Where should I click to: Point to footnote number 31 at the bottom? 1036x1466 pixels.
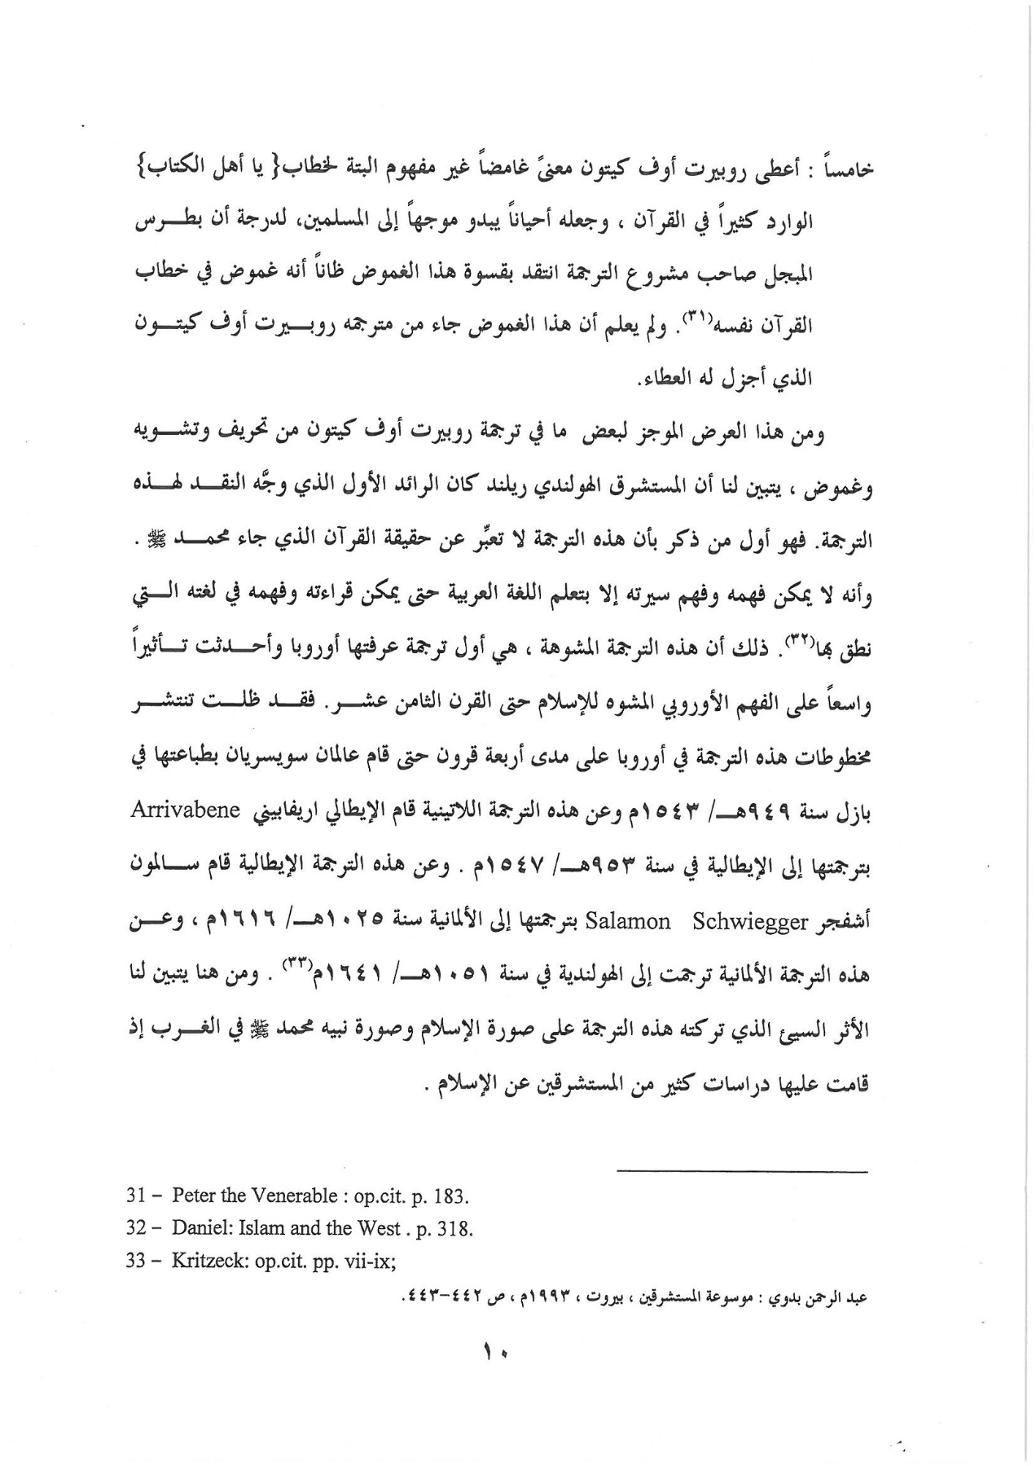pos(135,1196)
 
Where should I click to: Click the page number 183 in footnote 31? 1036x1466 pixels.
pos(452,1196)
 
